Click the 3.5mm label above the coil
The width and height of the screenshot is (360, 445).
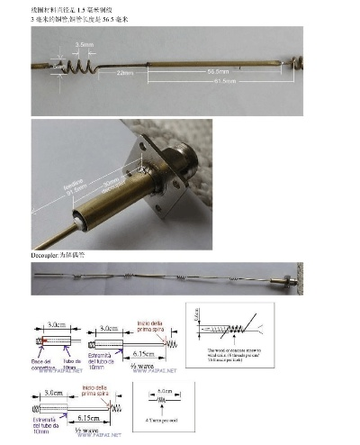[x=83, y=43]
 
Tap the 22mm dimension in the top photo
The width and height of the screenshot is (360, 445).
[x=124, y=73]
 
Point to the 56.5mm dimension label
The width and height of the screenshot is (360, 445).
[x=217, y=70]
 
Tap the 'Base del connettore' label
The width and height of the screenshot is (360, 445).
[x=43, y=363]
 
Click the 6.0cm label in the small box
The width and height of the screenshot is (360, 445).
[x=164, y=391]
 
